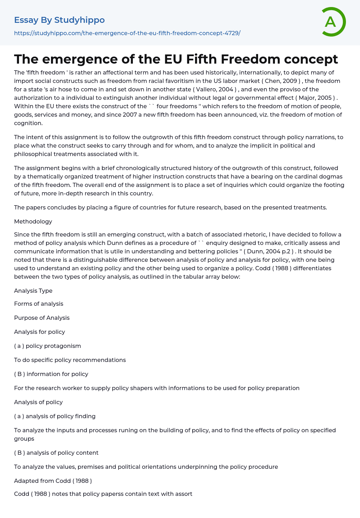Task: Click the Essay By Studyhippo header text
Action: click(59, 20)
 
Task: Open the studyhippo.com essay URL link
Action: click(127, 33)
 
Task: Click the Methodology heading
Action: click(33, 221)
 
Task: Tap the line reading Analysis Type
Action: click(33, 291)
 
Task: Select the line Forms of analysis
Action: click(39, 304)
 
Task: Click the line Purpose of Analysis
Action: click(42, 318)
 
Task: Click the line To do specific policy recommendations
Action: click(70, 360)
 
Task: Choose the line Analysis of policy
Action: click(38, 402)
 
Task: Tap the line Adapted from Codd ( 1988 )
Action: click(53, 481)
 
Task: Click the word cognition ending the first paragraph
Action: click(28, 123)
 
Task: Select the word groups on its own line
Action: click(24, 439)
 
